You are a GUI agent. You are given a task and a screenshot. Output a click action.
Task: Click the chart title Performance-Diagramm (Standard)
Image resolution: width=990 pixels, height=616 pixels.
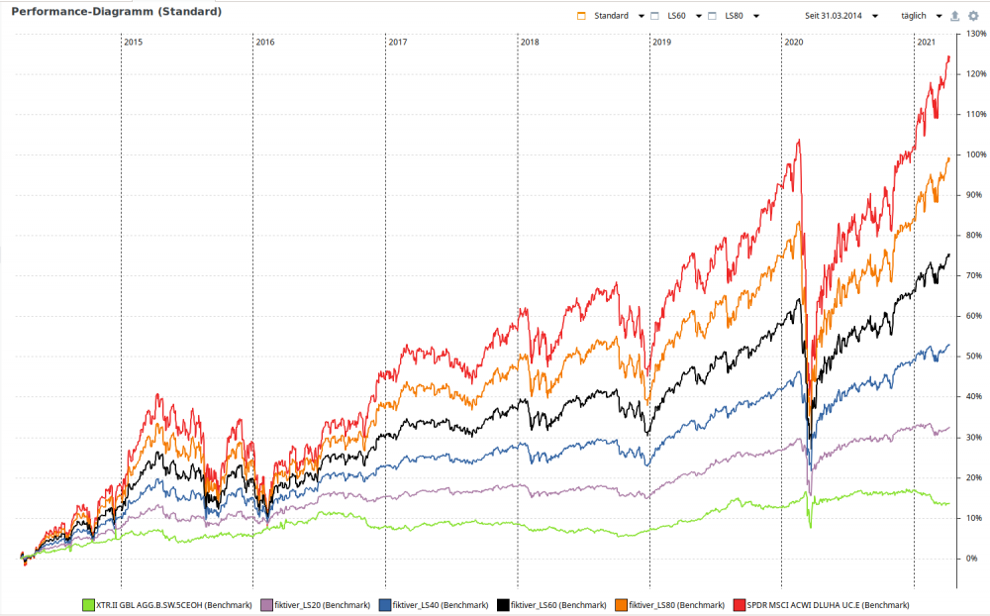[117, 12]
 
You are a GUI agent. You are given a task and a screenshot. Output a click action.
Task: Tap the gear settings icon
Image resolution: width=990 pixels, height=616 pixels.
[973, 16]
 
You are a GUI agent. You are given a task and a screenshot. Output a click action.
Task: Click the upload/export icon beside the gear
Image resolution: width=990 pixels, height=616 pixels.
[954, 16]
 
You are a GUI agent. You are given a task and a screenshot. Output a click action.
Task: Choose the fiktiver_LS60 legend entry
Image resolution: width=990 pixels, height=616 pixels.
[551, 604]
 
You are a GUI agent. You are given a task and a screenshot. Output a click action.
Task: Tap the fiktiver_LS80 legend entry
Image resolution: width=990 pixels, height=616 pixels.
[669, 604]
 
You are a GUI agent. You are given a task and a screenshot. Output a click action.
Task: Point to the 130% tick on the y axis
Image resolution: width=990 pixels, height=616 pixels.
[972, 34]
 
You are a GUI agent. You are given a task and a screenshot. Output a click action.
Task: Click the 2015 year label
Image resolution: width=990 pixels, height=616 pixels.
[134, 43]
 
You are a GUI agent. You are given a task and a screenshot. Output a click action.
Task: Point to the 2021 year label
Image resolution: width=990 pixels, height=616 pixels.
[927, 43]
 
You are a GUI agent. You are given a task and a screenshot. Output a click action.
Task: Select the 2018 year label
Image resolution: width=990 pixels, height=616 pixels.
[530, 43]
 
